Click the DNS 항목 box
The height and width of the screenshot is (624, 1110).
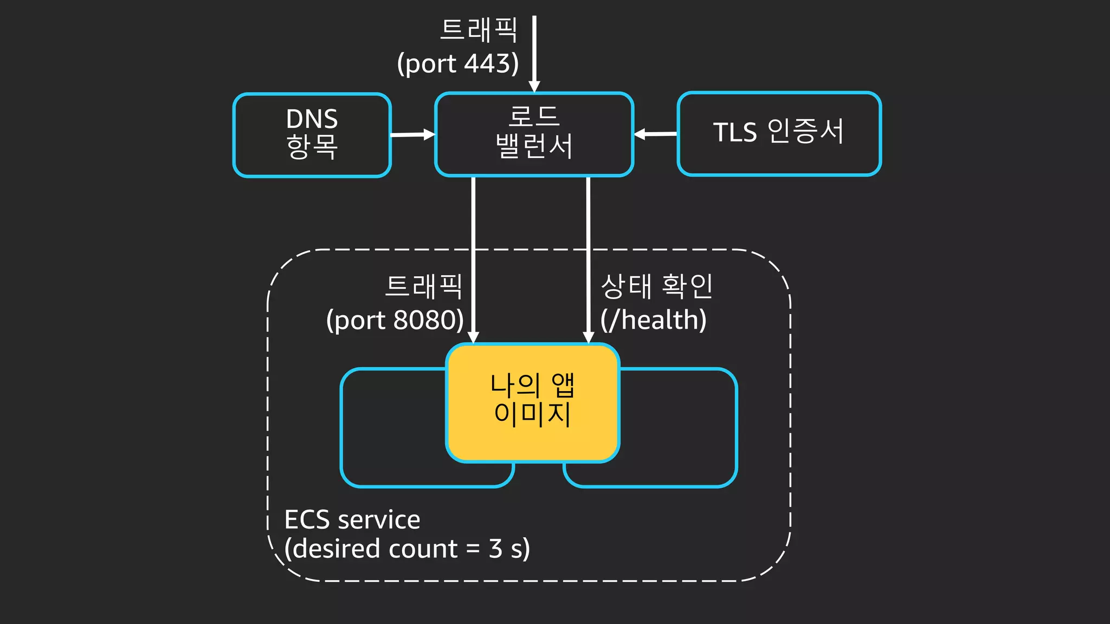tap(312, 135)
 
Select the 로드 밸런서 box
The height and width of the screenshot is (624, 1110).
tap(534, 134)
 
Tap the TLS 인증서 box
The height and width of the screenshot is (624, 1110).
tap(779, 133)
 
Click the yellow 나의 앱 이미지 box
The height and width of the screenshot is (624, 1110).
tap(532, 402)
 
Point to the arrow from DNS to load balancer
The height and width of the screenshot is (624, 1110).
tap(412, 134)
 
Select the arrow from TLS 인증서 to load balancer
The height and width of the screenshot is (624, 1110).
tap(656, 134)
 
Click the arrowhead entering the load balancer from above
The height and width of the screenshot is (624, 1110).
tap(534, 87)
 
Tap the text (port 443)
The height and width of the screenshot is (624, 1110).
tap(458, 63)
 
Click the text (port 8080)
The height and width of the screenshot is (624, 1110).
tap(395, 320)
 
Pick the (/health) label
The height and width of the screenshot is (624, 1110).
tap(653, 320)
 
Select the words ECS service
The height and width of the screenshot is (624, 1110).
tap(352, 519)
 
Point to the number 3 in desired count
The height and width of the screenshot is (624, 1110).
tap(495, 548)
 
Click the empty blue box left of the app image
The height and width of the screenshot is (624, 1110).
tap(393, 428)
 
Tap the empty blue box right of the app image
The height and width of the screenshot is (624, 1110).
tap(677, 428)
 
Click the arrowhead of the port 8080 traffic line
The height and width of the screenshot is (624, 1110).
tap(473, 337)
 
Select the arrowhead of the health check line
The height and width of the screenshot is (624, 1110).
tap(588, 337)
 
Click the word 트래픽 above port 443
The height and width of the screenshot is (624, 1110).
tap(479, 30)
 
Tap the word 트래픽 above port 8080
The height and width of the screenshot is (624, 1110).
tap(423, 286)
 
